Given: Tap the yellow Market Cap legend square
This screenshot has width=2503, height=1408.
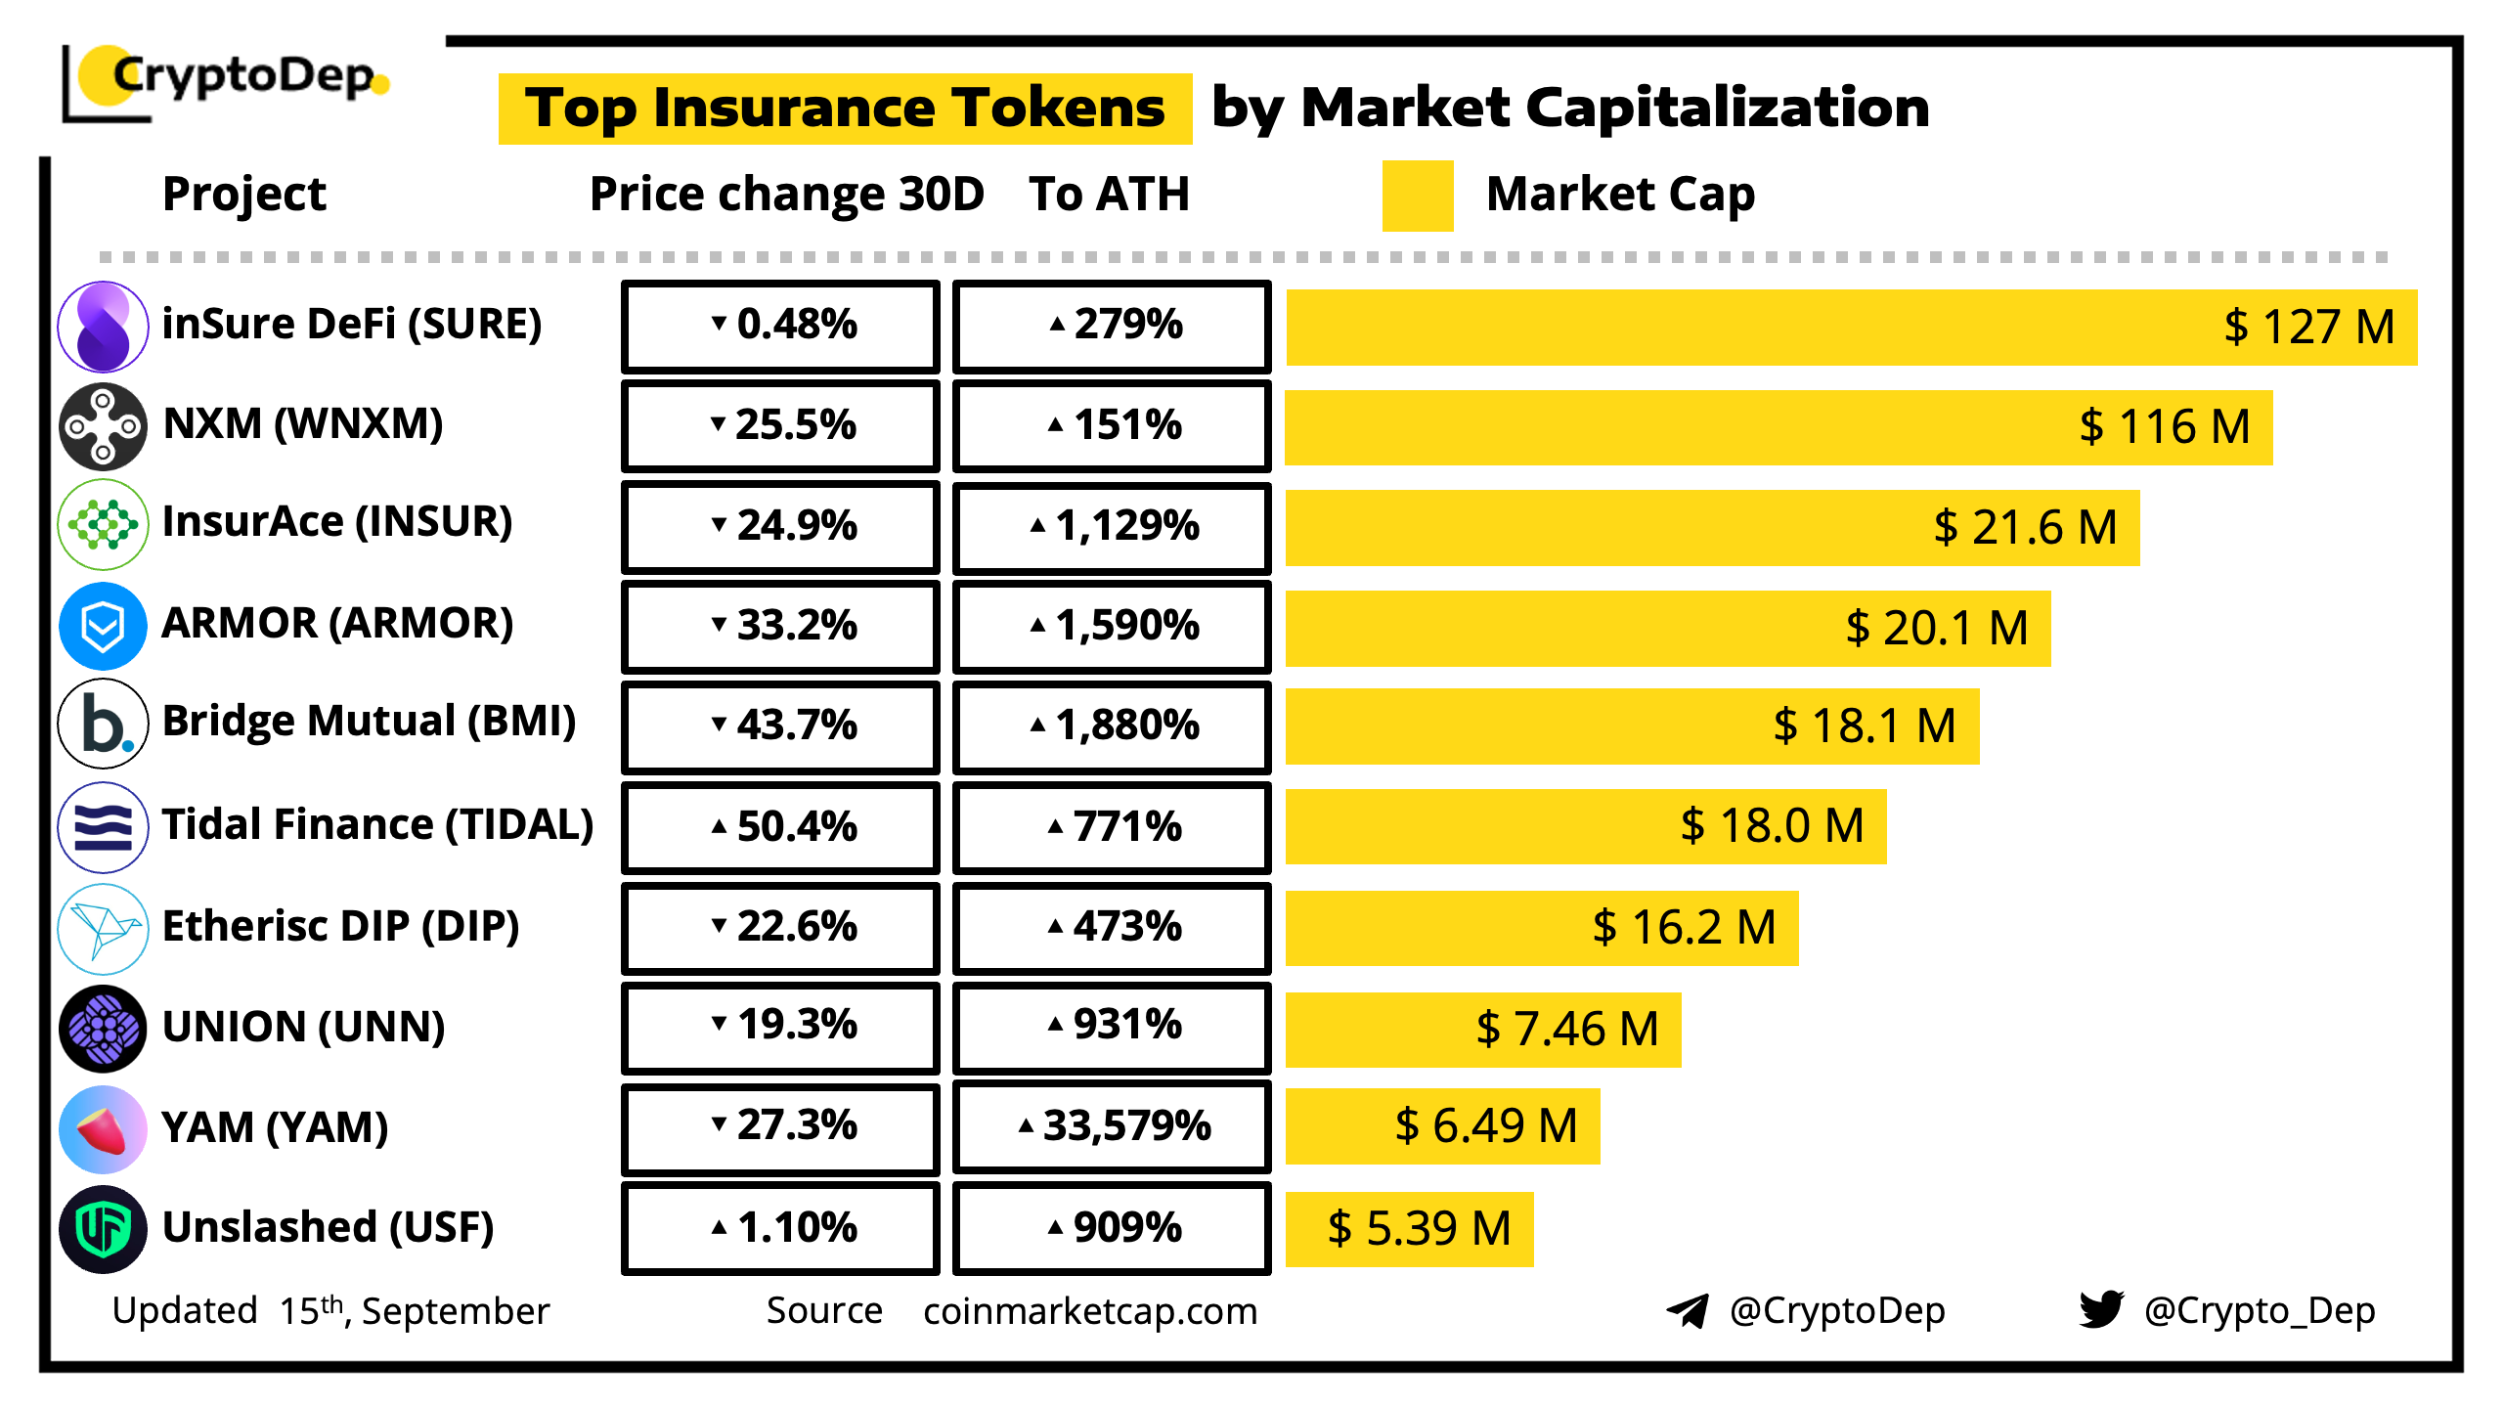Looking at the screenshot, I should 1417,196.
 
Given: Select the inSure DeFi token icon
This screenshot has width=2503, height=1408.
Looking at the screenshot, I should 103,327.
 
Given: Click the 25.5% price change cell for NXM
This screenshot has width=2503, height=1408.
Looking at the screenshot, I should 780,425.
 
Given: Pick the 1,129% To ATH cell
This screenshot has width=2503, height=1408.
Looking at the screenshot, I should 1112,526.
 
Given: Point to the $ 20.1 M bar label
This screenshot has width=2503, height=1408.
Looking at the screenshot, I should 1936,628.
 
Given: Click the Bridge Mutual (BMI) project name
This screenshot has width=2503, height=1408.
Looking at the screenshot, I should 369,722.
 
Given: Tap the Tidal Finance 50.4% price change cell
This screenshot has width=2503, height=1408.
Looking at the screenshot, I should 780,826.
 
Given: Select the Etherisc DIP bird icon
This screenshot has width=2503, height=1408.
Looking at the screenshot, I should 103,928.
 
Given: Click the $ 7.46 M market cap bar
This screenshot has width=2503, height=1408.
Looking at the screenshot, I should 1482,1029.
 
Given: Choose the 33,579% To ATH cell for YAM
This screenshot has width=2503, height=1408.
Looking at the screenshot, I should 1112,1126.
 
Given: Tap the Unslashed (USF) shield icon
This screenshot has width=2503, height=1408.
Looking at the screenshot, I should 103,1228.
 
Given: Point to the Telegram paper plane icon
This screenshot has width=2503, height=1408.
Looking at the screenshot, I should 1688,1310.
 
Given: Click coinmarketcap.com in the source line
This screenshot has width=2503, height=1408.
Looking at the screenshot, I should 1089,1311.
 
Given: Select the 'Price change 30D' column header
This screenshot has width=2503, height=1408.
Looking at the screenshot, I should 786,194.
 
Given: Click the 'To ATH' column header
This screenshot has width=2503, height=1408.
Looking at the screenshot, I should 1109,194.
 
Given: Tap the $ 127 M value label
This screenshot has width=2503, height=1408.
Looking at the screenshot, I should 2308,328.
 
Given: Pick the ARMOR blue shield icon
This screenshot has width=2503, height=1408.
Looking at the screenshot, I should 103,626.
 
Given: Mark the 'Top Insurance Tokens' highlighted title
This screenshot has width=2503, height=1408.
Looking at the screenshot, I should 845,108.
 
